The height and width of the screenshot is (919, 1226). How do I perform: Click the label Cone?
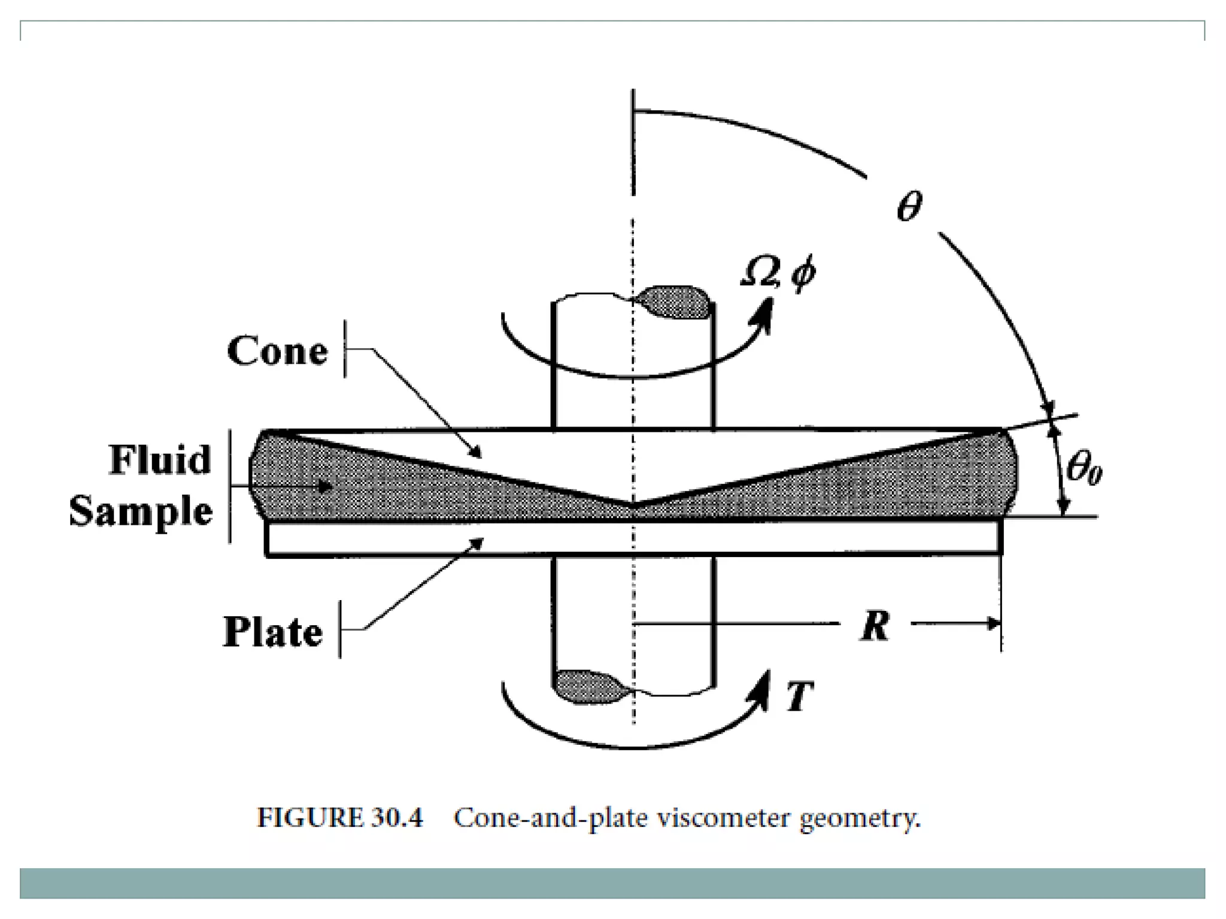pos(277,351)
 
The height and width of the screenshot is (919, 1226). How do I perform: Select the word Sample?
pos(141,511)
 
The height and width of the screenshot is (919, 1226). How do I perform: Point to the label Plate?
pos(273,632)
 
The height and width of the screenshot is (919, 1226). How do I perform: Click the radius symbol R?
pos(875,626)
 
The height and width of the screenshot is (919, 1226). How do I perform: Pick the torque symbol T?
pos(799,696)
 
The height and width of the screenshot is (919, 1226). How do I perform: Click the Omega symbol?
pos(759,273)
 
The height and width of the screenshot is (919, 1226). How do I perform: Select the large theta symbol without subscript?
pos(909,207)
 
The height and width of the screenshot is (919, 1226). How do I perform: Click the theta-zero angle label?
pos(1084,468)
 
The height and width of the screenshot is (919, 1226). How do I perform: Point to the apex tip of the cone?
pos(633,504)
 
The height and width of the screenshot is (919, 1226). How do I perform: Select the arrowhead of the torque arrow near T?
pos(762,684)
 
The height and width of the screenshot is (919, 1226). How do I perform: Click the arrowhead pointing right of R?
pos(994,624)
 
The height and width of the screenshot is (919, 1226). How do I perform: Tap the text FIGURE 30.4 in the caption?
pos(339,818)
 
